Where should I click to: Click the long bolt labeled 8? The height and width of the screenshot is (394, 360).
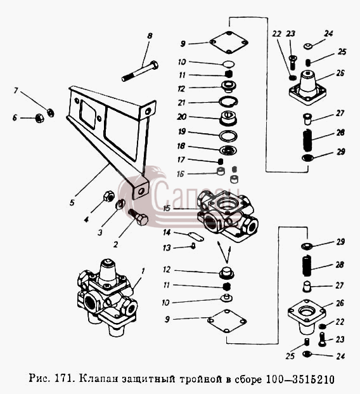(x=140, y=71)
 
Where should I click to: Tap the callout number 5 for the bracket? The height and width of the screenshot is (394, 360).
(x=72, y=202)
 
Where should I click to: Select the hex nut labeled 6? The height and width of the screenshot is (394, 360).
(x=39, y=118)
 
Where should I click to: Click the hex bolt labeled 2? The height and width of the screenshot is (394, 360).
(x=138, y=217)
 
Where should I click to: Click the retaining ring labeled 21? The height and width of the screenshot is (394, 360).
(x=228, y=102)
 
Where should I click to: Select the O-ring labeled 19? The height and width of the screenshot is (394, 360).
(x=228, y=136)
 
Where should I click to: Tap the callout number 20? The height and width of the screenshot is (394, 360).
(x=182, y=117)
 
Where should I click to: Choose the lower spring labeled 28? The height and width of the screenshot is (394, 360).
(x=306, y=265)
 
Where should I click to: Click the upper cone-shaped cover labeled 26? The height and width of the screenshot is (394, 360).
(x=307, y=87)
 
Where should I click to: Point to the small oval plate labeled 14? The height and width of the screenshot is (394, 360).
(x=196, y=236)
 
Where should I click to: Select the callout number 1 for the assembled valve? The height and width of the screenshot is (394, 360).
(x=143, y=271)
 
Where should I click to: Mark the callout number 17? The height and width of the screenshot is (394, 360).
(x=181, y=159)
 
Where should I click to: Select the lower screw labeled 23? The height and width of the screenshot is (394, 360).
(x=322, y=339)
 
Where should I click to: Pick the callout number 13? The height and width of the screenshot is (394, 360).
(x=167, y=248)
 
